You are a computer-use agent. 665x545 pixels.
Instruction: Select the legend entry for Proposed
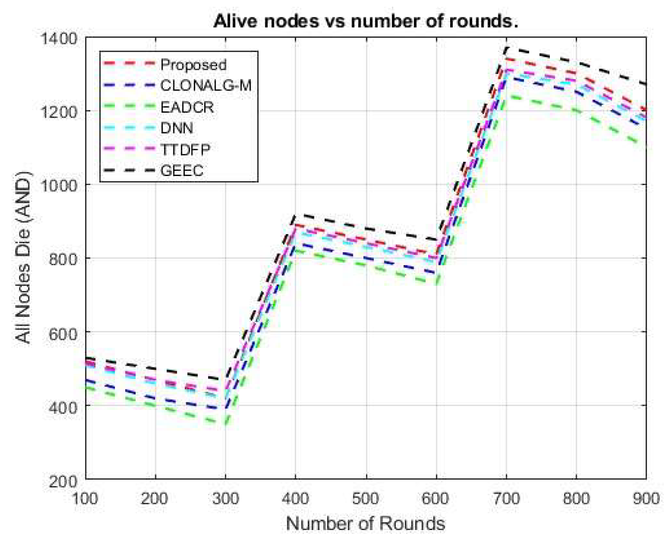point(193,65)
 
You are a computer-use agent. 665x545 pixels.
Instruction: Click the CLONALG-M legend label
point(205,85)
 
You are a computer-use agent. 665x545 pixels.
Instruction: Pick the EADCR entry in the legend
point(187,107)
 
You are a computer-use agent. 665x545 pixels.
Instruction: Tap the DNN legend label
point(177,128)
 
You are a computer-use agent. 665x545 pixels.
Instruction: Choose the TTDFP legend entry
point(185,150)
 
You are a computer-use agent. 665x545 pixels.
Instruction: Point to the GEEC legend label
point(182,171)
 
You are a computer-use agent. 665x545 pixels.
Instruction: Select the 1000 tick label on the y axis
point(59,185)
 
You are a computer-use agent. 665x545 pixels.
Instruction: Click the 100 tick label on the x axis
point(85,499)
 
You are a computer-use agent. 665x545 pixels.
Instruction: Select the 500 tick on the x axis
point(366,499)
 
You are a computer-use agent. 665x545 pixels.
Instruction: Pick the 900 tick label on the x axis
point(646,499)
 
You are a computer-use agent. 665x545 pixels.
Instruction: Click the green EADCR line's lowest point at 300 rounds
point(226,424)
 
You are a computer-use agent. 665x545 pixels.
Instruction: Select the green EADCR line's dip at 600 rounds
point(436,284)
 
